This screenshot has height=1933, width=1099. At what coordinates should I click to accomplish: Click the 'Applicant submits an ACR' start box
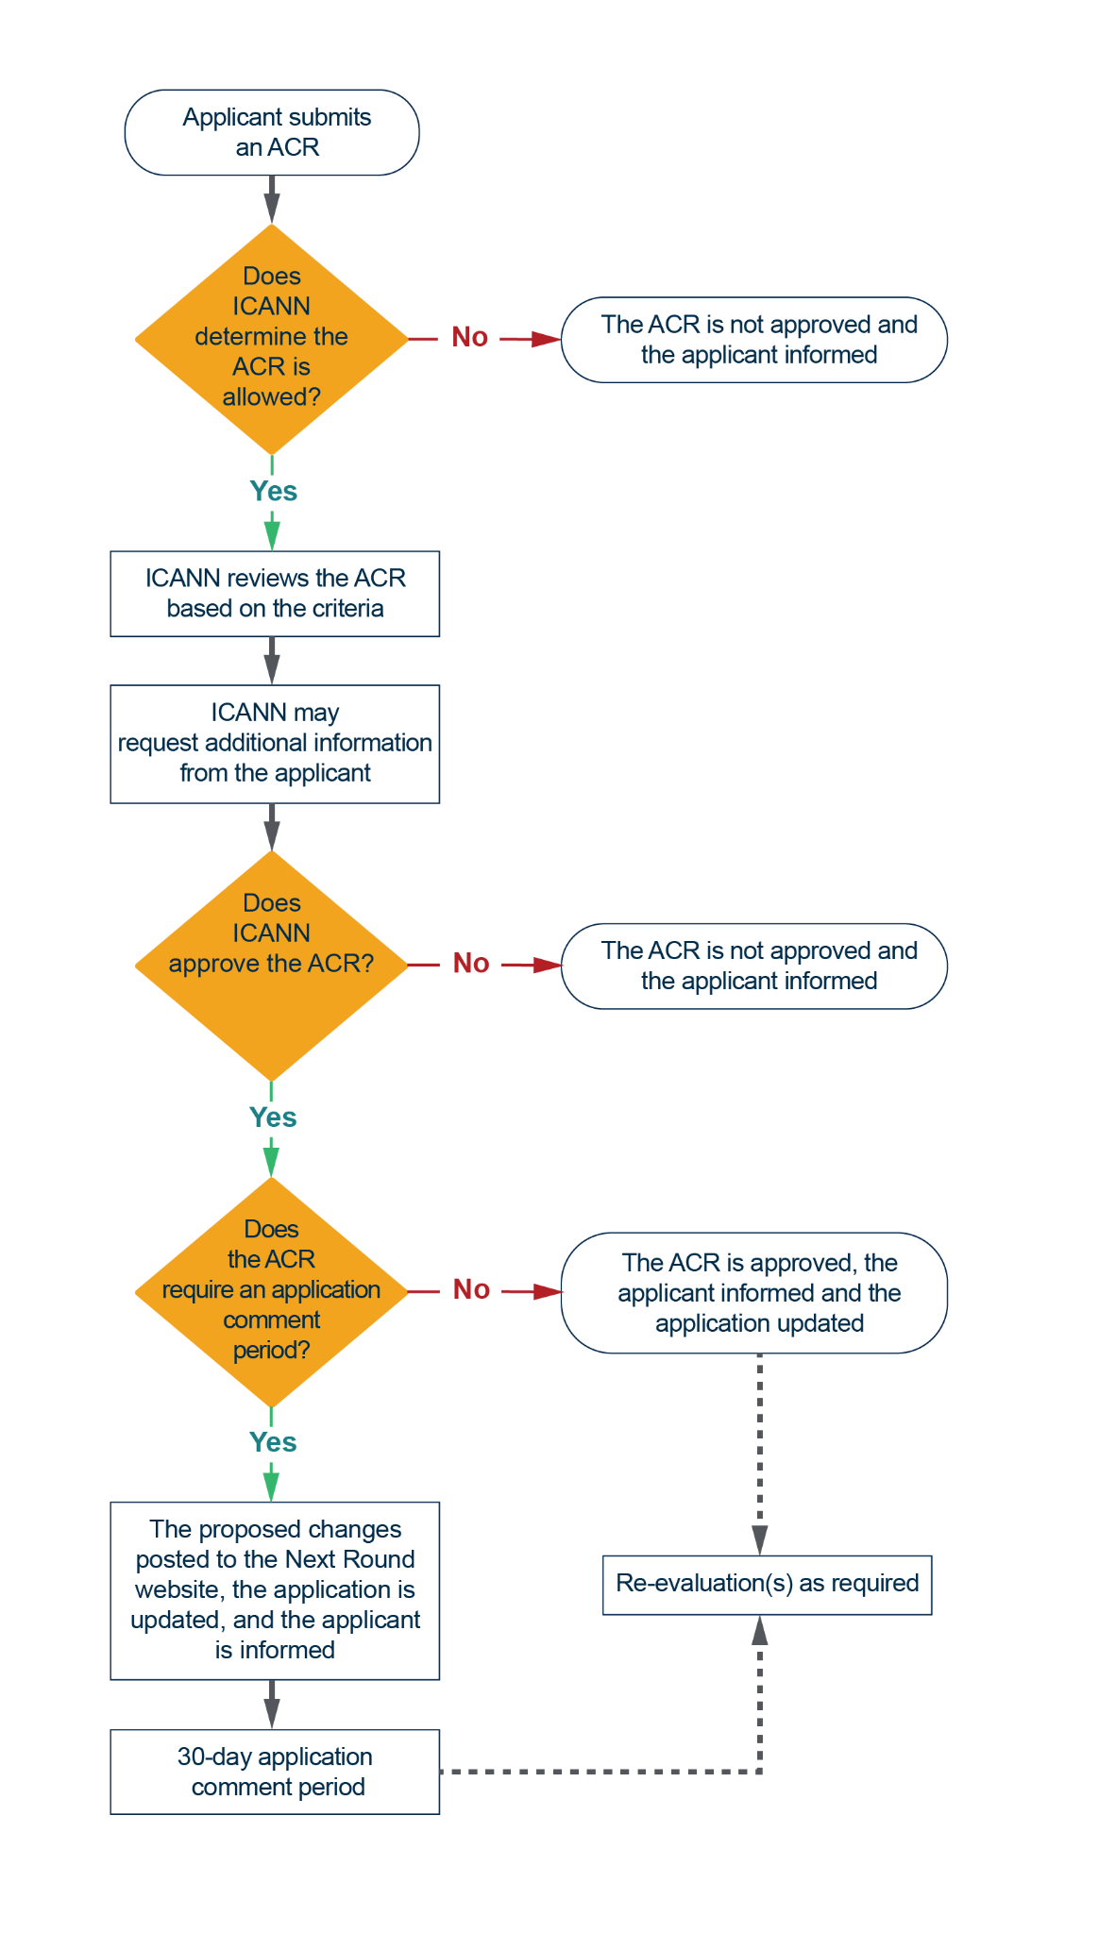click(x=272, y=132)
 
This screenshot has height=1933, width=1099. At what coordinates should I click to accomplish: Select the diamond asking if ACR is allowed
click(x=272, y=338)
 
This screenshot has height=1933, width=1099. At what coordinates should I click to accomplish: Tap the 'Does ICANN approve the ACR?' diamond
click(x=272, y=965)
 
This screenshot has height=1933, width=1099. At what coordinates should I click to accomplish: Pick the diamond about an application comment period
click(x=272, y=1290)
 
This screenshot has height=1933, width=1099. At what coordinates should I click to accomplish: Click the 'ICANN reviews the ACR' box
click(x=275, y=594)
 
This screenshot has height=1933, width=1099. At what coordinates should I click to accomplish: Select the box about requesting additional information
click(x=275, y=744)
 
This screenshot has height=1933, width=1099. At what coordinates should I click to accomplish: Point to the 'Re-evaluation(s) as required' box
click(x=767, y=1584)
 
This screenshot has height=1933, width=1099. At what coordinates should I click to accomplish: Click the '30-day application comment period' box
click(x=275, y=1772)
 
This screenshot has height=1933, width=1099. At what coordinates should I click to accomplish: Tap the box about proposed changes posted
click(x=275, y=1589)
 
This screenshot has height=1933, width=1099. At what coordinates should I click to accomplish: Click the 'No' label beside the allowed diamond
click(x=470, y=337)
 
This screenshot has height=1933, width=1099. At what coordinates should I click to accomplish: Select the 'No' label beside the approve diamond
click(x=471, y=964)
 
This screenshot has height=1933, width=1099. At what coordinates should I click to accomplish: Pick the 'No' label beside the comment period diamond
click(x=471, y=1289)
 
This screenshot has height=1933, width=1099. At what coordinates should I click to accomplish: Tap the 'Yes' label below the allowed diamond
click(x=273, y=492)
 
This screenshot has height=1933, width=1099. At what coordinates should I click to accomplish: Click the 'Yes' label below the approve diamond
click(x=273, y=1118)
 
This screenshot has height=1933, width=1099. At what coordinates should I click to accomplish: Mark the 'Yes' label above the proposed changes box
click(x=273, y=1442)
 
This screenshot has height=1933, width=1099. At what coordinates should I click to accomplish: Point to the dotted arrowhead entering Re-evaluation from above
click(x=760, y=1540)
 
